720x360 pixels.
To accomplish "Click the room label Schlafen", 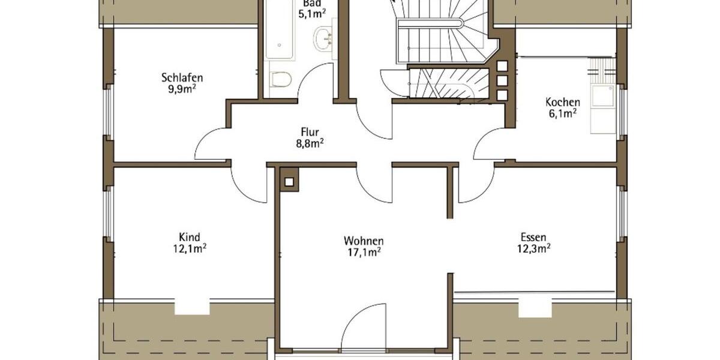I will pos(182,77).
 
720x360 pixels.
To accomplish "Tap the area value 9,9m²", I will pos(182,89).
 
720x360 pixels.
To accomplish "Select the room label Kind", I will pos(189,237).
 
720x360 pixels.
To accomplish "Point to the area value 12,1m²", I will pos(190,248).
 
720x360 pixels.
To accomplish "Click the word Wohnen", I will pos(364,241).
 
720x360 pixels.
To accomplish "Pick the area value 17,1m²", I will pos(364,252).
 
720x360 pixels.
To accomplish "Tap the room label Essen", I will pos(533,237).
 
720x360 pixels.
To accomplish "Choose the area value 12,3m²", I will pos(534,248).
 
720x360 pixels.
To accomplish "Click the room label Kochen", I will pos(562,102).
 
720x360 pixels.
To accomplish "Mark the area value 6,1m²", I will pos(562,113).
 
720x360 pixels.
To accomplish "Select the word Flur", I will pos(310,131).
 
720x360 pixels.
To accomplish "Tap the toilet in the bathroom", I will pos(280,79).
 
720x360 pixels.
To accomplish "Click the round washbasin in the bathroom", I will pos(323,38).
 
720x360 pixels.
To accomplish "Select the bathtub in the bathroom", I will pos(280,30).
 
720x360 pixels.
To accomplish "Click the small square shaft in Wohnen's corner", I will pos(289,182).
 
